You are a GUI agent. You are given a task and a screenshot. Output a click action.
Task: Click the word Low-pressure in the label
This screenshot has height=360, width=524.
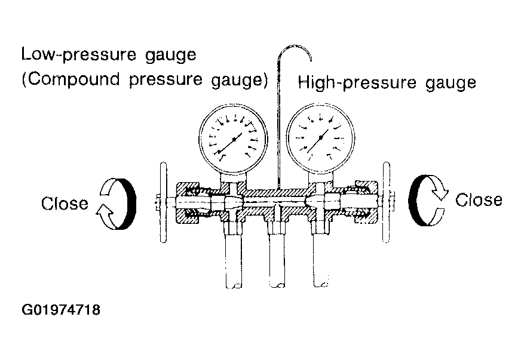pos(79,54)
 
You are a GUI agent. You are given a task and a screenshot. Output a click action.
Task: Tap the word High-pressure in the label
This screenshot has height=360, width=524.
pos(357,82)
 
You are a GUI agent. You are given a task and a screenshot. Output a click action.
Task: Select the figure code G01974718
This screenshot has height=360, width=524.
pos(61,310)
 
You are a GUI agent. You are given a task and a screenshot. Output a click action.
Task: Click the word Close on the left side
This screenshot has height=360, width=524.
pos(65,204)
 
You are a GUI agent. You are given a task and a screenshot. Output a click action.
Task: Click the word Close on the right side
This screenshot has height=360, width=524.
pos(479,200)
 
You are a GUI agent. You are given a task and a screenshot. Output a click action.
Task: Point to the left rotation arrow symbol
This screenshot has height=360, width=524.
pos(117,204)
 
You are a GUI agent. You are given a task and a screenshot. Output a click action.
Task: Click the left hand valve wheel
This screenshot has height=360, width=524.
pos(164,202)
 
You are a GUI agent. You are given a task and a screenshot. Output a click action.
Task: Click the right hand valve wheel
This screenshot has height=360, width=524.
pos(387,202)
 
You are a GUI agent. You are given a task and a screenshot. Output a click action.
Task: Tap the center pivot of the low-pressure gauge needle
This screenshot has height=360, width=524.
pos(234,139)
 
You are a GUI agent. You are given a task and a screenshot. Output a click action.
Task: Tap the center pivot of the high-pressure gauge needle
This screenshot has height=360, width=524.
pos(321,137)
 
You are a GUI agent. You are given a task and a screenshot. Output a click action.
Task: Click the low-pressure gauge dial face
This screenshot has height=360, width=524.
pos(233,139)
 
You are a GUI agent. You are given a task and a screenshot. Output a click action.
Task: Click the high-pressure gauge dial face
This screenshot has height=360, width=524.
pos(320,137)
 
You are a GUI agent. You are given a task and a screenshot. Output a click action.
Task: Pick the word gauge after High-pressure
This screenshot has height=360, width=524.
pos(451,84)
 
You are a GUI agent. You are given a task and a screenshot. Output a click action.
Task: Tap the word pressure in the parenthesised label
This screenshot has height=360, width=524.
pos(166,80)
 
